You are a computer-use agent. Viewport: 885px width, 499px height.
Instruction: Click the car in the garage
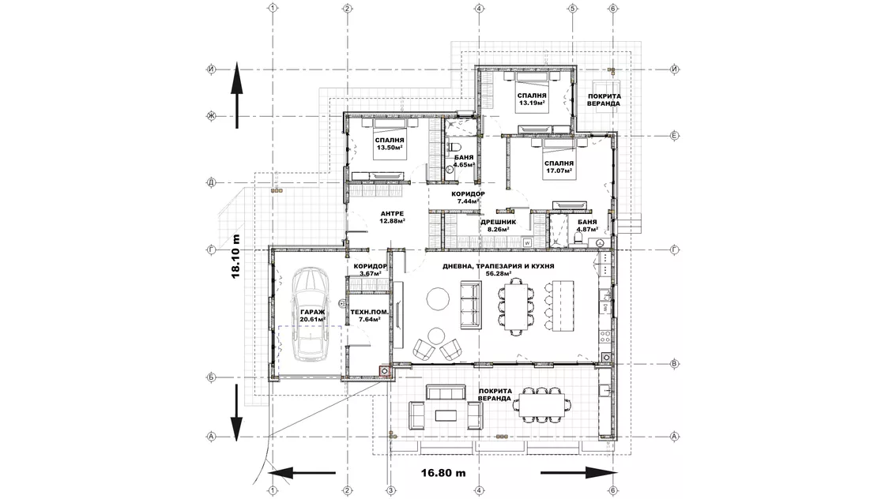click(308, 314)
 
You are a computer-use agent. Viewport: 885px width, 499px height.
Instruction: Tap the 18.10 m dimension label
click(235, 255)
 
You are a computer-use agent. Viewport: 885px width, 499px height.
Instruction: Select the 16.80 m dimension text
click(443, 473)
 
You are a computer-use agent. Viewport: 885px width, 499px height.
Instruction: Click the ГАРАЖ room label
click(312, 315)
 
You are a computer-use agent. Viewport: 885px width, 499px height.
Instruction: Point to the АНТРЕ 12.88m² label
click(392, 217)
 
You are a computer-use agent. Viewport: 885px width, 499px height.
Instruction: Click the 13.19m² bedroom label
click(531, 99)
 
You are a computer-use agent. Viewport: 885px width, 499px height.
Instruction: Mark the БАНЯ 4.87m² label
click(587, 226)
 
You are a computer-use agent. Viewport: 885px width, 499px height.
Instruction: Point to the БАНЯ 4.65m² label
click(463, 161)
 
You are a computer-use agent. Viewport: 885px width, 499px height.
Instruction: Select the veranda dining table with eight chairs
click(544, 404)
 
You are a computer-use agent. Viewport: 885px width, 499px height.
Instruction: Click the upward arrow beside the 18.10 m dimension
click(236, 95)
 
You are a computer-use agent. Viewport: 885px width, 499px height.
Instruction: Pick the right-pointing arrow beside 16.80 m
click(579, 473)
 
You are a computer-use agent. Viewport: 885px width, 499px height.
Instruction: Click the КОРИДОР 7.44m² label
click(468, 197)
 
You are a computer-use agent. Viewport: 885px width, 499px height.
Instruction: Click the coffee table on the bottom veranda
click(446, 415)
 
